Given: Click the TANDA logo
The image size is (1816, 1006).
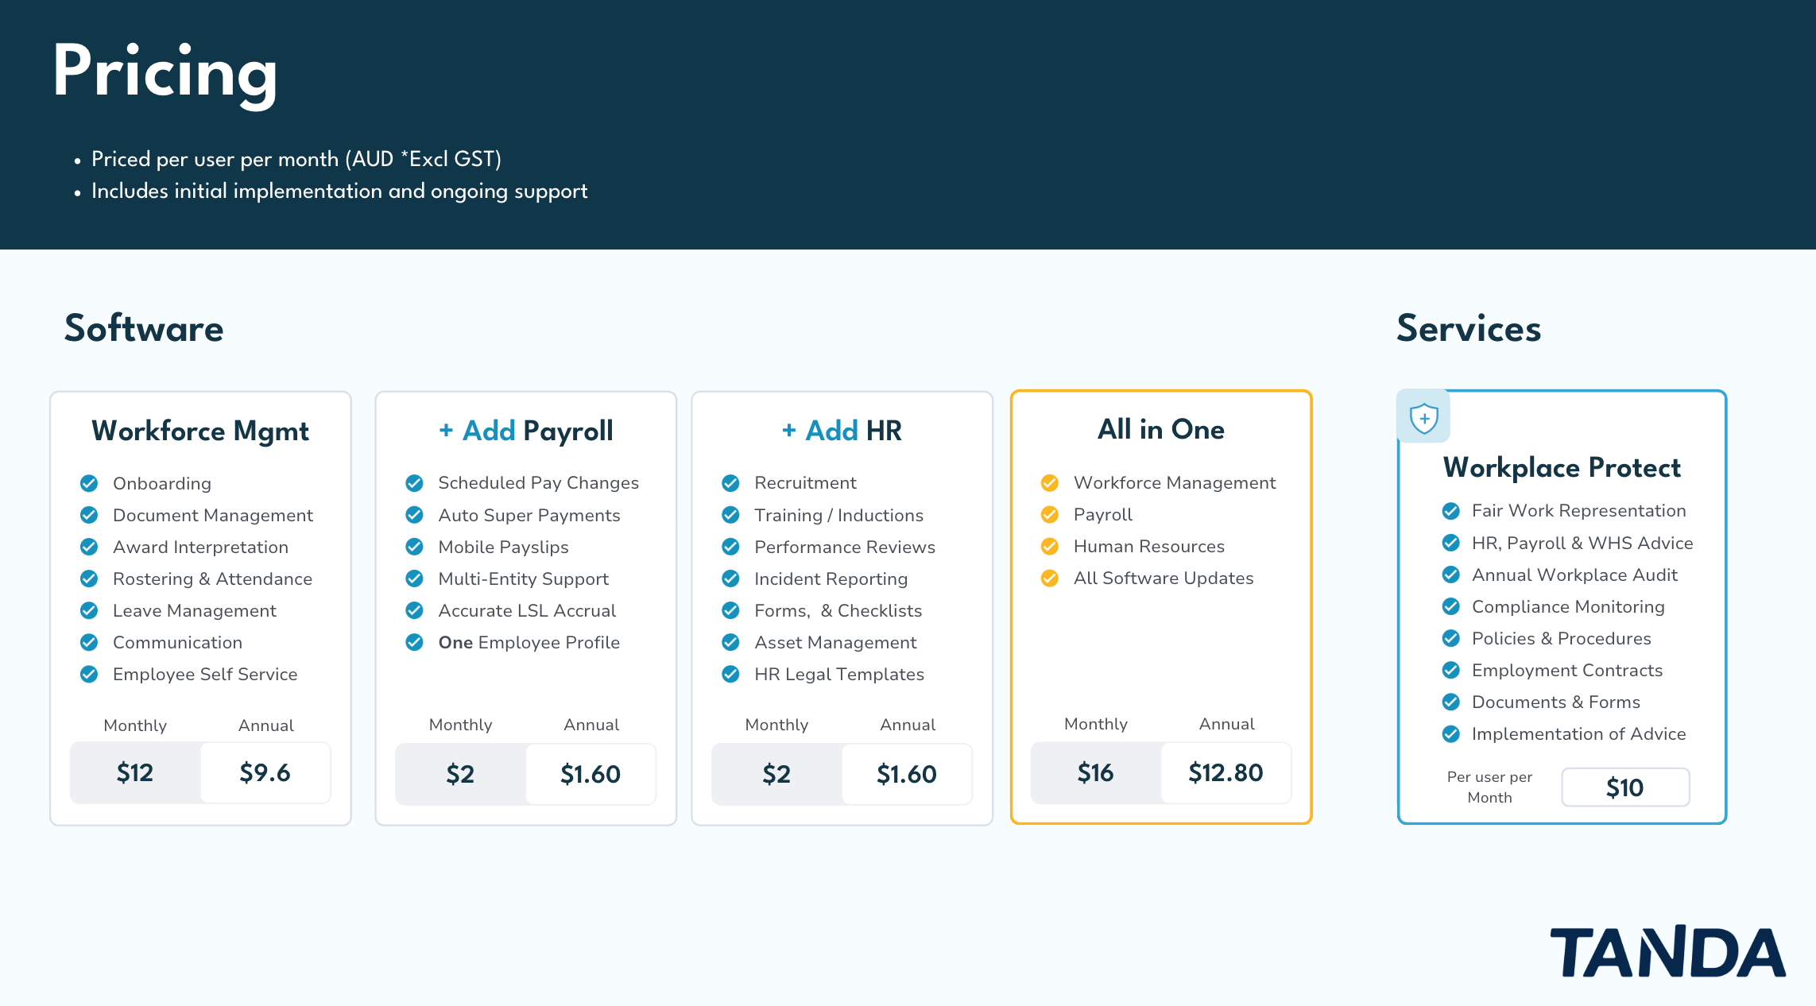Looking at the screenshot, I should (1667, 951).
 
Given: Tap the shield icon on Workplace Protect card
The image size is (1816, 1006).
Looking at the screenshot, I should (1423, 417).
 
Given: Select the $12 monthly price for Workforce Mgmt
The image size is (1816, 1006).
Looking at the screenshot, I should (135, 772).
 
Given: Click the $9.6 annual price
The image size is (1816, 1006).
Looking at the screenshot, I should (265, 772).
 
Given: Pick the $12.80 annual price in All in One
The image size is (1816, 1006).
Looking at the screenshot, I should (1226, 772).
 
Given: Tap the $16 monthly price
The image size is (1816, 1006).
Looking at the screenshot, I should (1095, 772).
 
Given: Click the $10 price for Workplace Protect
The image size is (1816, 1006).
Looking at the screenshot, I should (1624, 787).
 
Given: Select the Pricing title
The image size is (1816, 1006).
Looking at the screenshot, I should (165, 73).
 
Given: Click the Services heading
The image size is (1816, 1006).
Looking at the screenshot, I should (1469, 329).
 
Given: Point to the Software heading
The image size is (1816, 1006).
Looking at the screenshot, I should (144, 329).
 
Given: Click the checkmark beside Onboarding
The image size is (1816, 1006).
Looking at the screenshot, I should (89, 483).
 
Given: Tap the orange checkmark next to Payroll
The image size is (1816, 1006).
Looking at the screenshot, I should (1050, 515).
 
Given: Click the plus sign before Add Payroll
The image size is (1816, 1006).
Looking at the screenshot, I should (446, 430).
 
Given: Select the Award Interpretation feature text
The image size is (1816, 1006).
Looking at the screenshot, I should (200, 547).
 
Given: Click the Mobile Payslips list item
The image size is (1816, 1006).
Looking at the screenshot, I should (503, 547).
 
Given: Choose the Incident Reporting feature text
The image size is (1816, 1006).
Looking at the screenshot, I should (831, 578).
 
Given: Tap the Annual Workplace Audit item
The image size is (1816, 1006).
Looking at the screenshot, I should (1574, 575).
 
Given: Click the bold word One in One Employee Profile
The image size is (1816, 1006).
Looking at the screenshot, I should (455, 642).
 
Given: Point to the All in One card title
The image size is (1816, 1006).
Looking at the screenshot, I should (1160, 429).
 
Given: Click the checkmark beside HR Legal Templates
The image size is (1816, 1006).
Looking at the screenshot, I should (730, 674).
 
